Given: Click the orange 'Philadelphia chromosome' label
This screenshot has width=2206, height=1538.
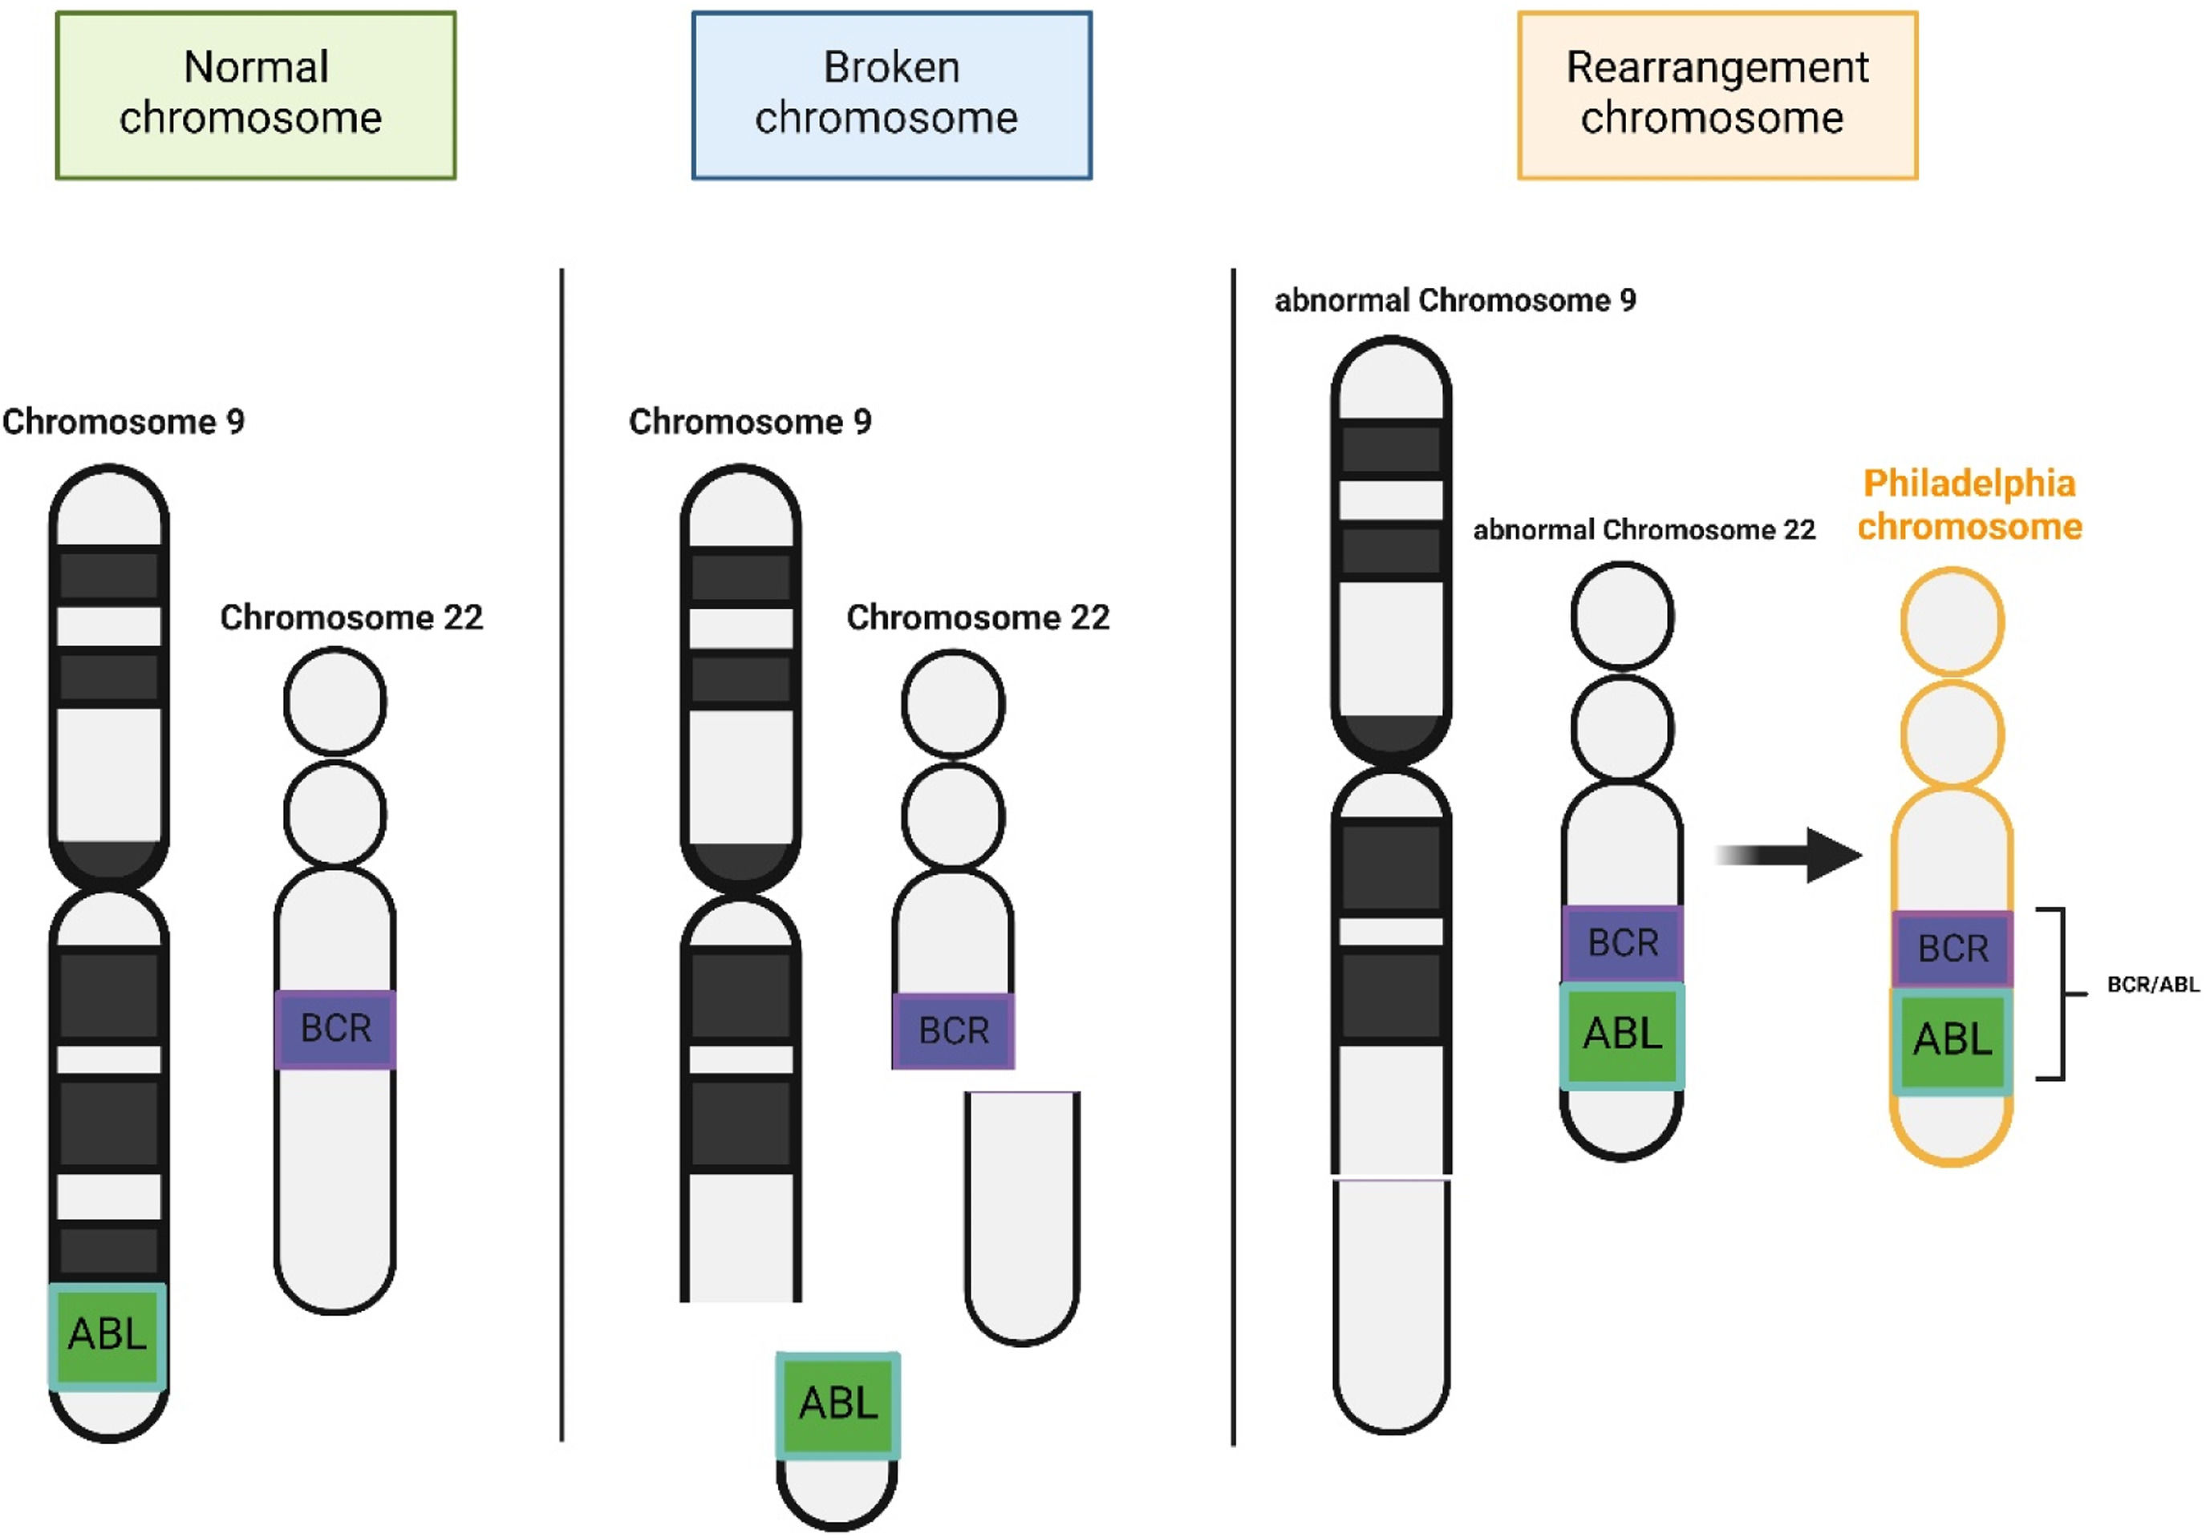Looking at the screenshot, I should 1969,504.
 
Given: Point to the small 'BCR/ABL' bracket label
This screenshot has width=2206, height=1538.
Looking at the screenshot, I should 2152,985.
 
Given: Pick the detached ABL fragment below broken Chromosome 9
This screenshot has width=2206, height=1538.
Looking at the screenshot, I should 837,1404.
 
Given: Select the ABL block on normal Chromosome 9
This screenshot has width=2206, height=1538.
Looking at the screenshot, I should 107,1335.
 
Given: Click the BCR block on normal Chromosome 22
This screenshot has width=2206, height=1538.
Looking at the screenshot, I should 335,1029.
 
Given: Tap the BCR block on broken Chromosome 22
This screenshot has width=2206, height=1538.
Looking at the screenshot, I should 953,1030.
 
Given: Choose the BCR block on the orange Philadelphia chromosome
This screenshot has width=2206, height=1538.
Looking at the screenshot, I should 1953,949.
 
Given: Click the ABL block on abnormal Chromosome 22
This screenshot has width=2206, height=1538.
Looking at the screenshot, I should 1622,1034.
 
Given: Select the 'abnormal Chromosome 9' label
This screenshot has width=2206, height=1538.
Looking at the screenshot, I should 1454,301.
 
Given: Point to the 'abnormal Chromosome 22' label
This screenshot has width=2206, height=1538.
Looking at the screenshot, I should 1644,529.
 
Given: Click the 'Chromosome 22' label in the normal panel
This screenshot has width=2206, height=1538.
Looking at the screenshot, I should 351,617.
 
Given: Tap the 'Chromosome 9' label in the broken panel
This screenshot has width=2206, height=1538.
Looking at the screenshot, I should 749,422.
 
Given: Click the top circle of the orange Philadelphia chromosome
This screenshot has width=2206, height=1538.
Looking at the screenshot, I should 1953,621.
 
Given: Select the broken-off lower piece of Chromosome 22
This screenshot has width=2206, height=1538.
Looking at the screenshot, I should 1022,1215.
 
